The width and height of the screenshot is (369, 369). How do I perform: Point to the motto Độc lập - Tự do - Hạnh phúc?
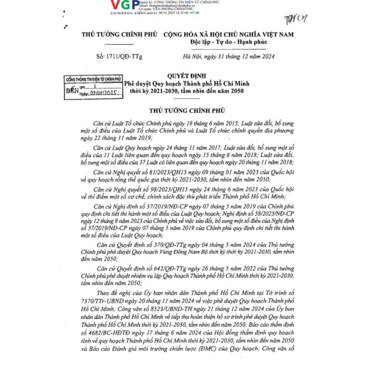pos(228,42)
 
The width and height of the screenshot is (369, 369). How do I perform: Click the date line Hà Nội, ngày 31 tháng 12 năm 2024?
pos(229,57)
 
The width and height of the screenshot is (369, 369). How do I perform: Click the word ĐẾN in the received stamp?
pos(72,90)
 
